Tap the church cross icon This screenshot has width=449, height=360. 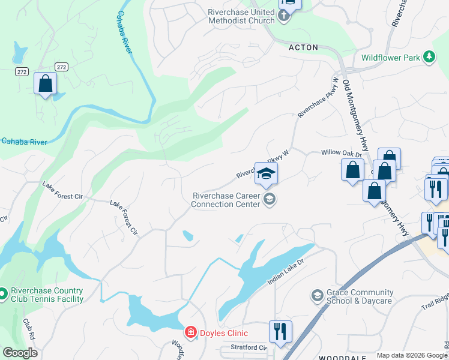coord(285,16)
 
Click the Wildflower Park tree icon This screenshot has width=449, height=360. coord(429,57)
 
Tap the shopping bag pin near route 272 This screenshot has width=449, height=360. coord(45,84)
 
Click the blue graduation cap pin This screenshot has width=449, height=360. coord(266,174)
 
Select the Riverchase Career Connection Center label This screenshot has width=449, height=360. coord(226,200)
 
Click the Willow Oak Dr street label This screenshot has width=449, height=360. coord(342,154)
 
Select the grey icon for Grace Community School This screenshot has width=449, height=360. coord(317,296)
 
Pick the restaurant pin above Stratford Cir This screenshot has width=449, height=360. coord(280,331)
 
